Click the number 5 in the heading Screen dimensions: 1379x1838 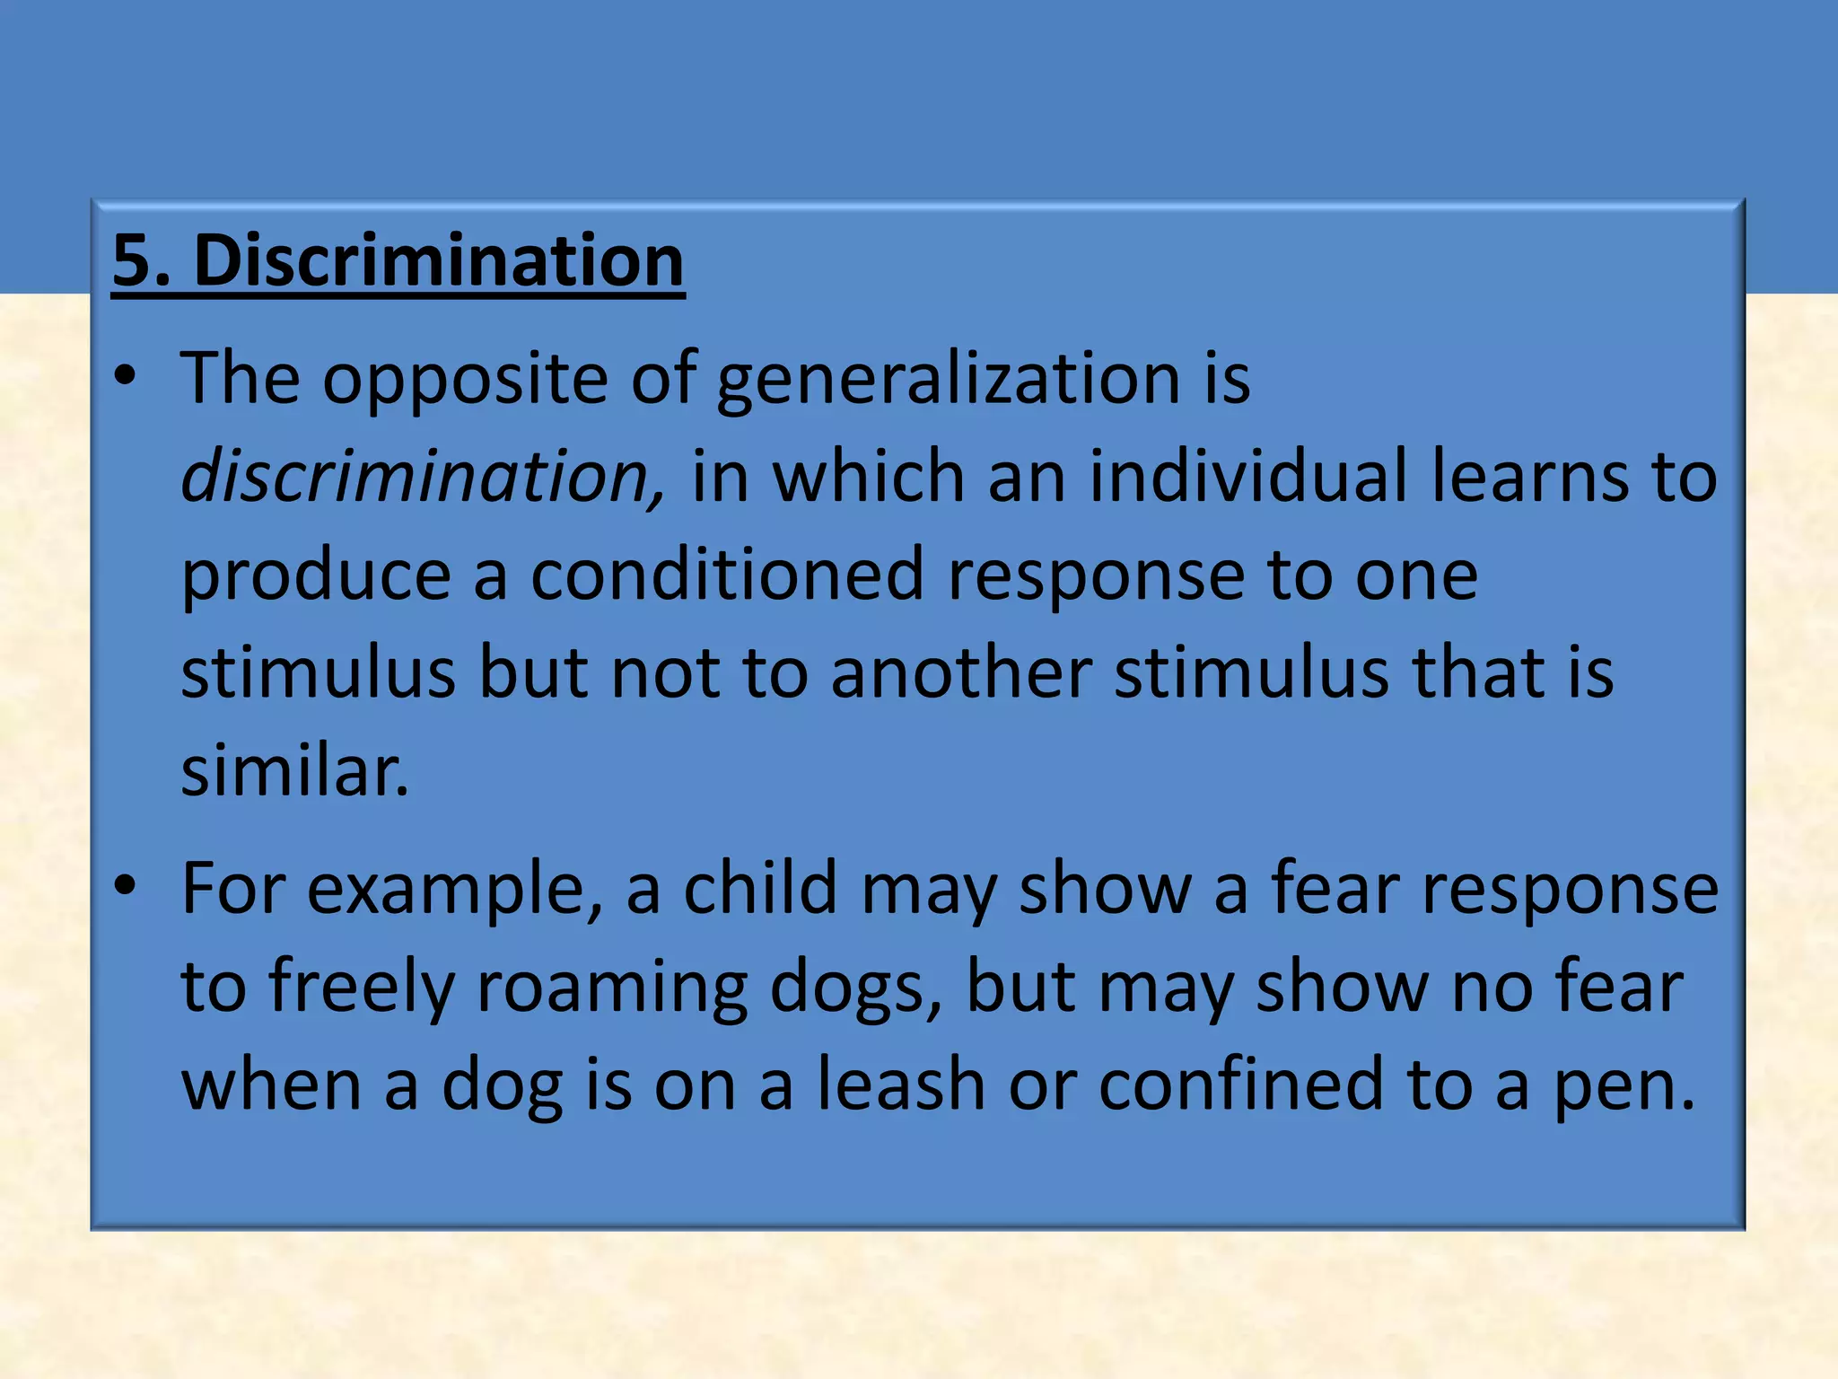tap(131, 260)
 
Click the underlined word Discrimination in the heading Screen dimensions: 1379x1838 tap(439, 260)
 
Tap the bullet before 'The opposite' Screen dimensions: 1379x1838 tap(125, 377)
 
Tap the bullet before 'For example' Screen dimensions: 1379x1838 tap(125, 887)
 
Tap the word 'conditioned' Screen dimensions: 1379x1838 tap(727, 575)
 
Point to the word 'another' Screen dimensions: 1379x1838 tap(961, 673)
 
